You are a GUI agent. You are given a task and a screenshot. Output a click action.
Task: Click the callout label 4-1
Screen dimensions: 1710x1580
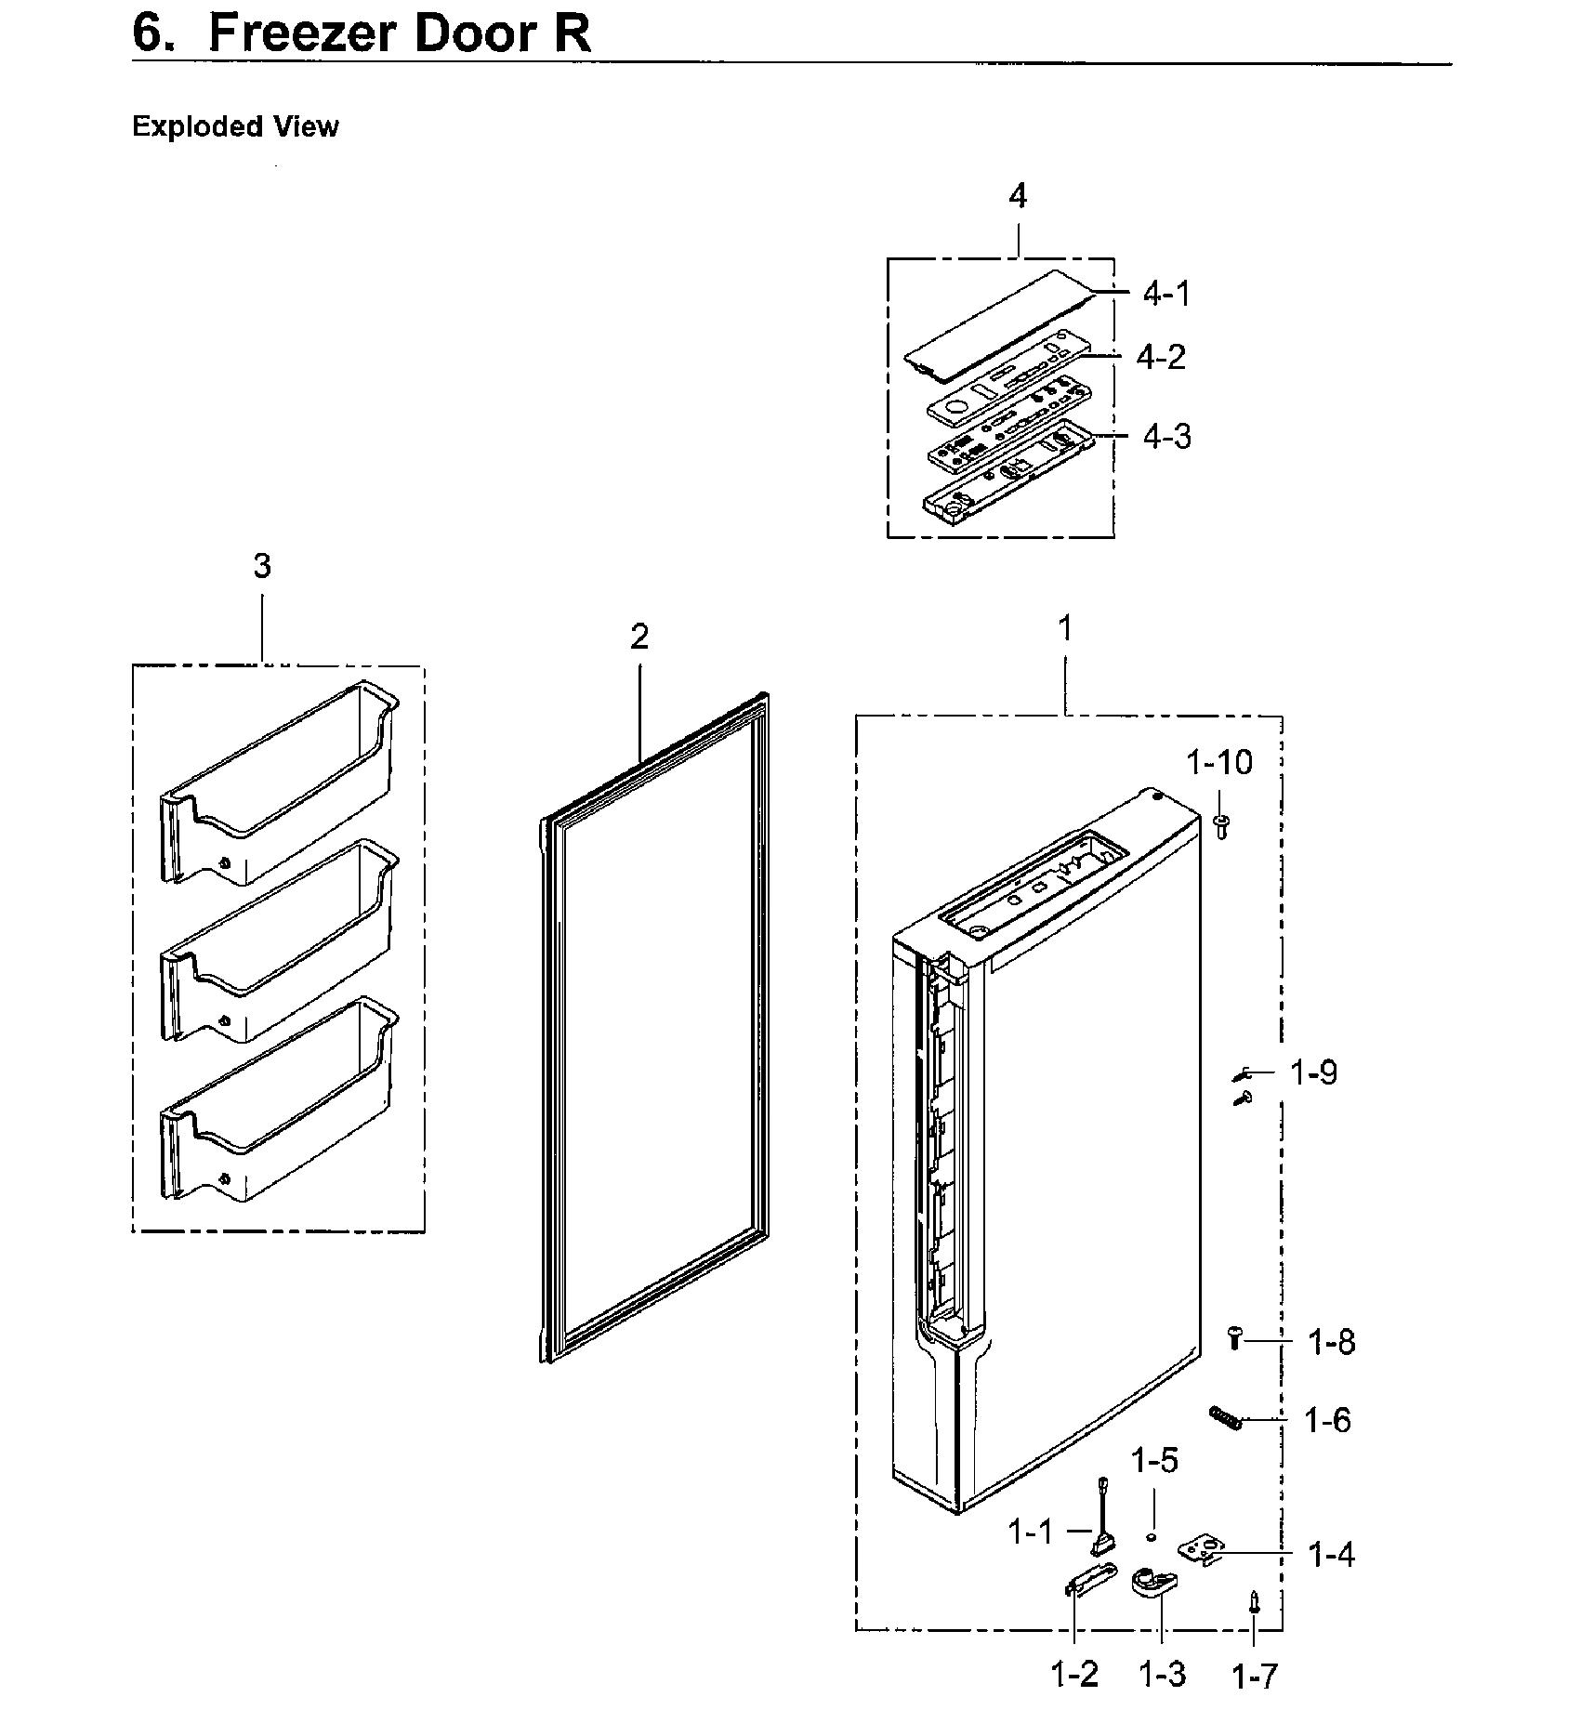[1165, 294]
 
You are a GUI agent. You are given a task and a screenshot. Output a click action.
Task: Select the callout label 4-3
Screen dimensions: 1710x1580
[1166, 436]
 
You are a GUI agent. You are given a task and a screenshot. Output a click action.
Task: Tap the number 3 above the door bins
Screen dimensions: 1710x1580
[262, 566]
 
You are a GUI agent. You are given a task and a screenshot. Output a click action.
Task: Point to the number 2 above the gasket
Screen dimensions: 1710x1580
[639, 638]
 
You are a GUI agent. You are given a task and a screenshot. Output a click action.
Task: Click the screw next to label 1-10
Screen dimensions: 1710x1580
[1222, 824]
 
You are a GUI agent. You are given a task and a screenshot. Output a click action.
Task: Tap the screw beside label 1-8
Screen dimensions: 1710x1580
[1235, 1338]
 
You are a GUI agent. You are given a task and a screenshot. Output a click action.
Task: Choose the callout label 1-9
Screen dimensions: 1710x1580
[1313, 1072]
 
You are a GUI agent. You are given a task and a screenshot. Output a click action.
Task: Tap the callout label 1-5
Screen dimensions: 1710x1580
[1154, 1461]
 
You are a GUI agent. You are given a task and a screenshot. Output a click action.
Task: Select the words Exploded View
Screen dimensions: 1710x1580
[235, 126]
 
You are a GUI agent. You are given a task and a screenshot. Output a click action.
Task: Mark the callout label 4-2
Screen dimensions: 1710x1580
[1161, 357]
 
